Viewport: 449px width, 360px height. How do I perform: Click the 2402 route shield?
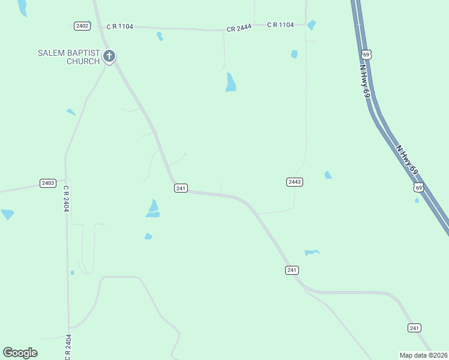(82, 26)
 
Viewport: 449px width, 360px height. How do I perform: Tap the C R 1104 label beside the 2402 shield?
(120, 26)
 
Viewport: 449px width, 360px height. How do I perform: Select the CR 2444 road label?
(238, 29)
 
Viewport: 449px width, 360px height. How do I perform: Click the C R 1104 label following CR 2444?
(280, 25)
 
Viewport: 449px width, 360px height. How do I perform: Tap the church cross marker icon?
(109, 57)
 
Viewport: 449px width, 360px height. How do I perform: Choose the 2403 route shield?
(48, 183)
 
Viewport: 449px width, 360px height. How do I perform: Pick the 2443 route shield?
(295, 182)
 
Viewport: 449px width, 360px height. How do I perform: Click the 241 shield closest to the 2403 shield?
(181, 188)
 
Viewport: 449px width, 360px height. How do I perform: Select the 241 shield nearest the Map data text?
(414, 328)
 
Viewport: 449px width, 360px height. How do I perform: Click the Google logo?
(20, 353)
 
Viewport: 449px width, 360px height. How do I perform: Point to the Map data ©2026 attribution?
(424, 355)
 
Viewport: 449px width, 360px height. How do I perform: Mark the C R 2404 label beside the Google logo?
(68, 347)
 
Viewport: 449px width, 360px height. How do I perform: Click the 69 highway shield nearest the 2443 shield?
(418, 188)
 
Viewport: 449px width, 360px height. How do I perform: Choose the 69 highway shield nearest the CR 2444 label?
(367, 55)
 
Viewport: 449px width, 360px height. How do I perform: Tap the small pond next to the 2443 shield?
(328, 175)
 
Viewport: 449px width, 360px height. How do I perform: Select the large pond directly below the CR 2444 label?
(231, 82)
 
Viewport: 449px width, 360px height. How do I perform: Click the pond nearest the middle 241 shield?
(311, 253)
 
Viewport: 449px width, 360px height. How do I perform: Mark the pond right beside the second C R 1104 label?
(311, 25)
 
